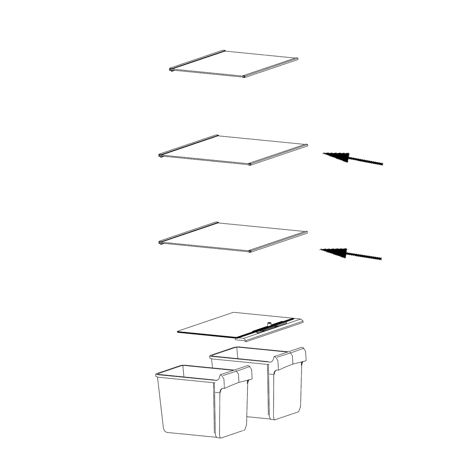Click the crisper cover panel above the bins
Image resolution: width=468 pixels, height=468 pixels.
click(227, 325)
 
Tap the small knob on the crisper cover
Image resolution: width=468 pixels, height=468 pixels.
click(269, 324)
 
